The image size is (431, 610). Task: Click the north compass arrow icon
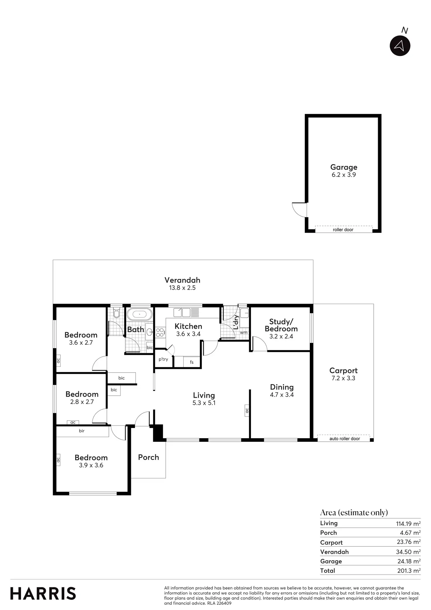click(x=400, y=45)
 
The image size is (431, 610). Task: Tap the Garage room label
click(x=343, y=167)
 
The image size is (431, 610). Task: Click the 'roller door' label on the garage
click(x=343, y=230)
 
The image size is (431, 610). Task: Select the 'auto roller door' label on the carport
click(x=344, y=439)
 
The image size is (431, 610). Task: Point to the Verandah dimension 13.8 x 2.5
click(x=182, y=288)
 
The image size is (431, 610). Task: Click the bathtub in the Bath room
click(x=139, y=315)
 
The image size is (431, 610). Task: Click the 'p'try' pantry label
click(x=163, y=359)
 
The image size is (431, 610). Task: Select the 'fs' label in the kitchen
click(x=191, y=362)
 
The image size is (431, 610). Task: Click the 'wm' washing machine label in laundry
click(x=243, y=333)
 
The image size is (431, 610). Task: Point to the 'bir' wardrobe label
click(x=82, y=431)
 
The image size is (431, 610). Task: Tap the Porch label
click(x=148, y=457)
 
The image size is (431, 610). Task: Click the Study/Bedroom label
click(x=281, y=325)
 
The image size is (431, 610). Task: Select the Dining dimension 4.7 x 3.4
click(x=282, y=395)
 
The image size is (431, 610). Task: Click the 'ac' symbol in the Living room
click(x=247, y=410)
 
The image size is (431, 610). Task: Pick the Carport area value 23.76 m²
click(x=409, y=542)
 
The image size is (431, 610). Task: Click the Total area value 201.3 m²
click(x=409, y=570)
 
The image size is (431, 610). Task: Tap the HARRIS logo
click(x=43, y=594)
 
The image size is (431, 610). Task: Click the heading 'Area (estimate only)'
click(x=354, y=513)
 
